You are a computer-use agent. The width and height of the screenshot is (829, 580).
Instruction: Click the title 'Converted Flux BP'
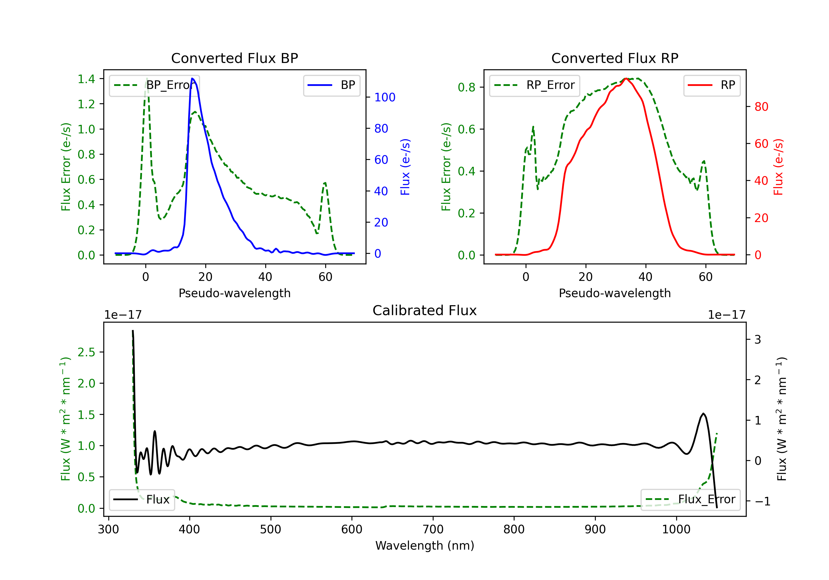[x=234, y=58]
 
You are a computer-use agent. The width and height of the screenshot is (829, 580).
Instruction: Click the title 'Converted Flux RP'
[x=615, y=58]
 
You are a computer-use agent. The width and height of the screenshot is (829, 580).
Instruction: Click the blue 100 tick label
[x=385, y=97]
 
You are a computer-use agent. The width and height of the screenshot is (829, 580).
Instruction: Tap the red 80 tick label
[x=761, y=107]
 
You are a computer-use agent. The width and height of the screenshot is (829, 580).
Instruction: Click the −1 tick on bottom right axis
[x=762, y=501]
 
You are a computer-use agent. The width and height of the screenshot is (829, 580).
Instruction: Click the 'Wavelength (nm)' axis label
[x=425, y=545]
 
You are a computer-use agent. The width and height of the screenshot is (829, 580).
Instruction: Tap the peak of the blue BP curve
[x=192, y=78]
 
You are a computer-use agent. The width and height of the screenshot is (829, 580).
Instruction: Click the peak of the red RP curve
[x=626, y=78]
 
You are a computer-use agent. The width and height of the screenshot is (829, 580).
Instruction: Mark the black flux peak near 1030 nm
[x=703, y=414]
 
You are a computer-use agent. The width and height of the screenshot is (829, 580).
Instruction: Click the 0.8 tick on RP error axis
[x=466, y=87]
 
